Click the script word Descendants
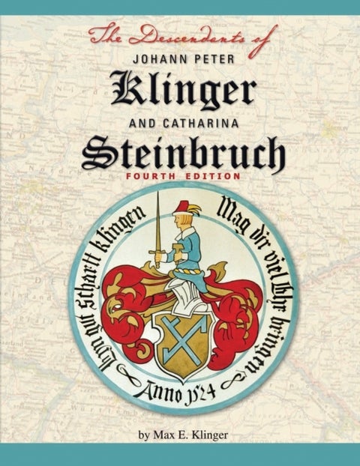(181, 34)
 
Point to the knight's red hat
(179, 207)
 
